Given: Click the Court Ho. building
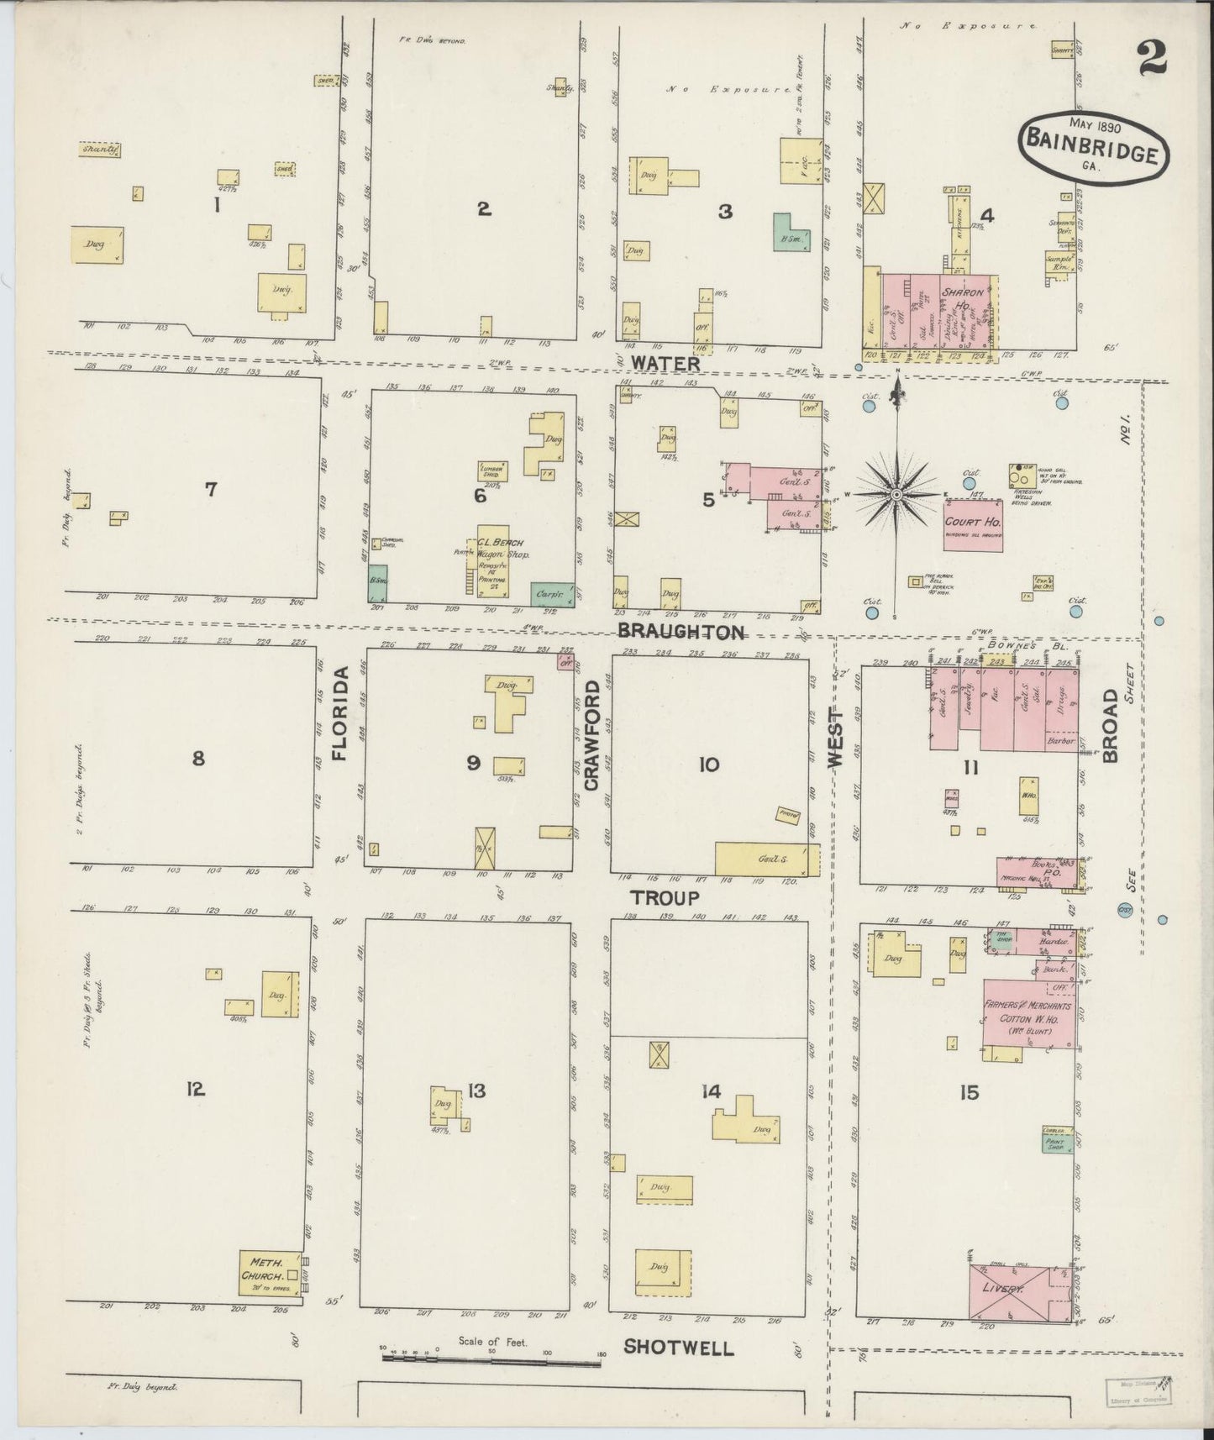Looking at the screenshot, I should [x=973, y=527].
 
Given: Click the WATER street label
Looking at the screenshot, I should [x=665, y=364].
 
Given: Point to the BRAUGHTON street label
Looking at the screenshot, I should [x=681, y=632].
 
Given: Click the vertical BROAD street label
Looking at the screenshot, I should [x=1111, y=725].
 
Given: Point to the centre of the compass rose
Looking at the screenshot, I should [x=897, y=495].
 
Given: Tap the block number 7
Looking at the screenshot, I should [x=211, y=488].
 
